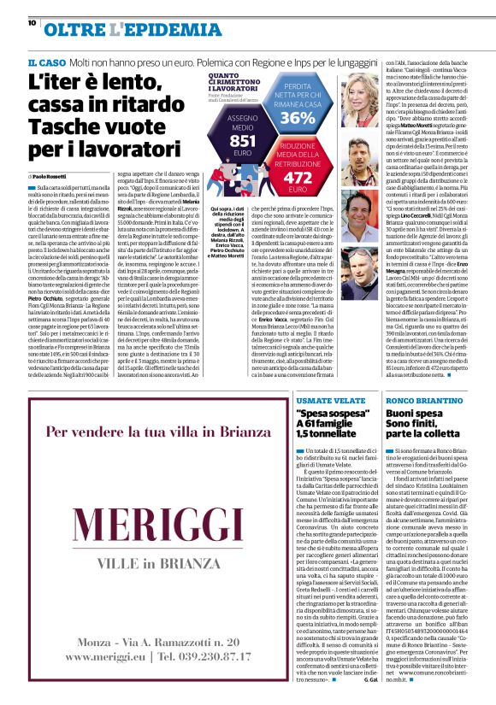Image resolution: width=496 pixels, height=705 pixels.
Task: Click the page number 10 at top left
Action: (x=32, y=23)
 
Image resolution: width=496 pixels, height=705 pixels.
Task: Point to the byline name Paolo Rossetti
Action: (x=55, y=176)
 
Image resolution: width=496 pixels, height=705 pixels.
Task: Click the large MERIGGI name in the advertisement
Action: (x=131, y=521)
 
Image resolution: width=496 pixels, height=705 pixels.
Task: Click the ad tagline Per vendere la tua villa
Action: (x=131, y=432)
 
